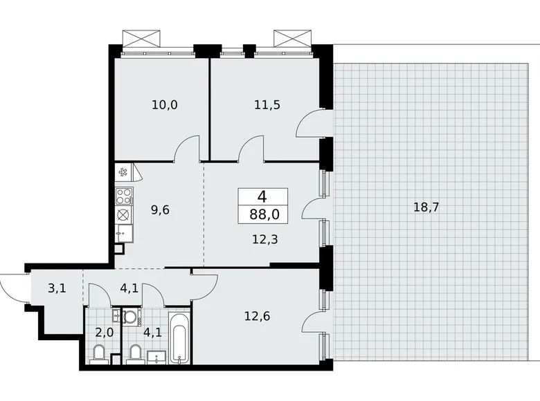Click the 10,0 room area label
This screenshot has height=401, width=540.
click(165, 105)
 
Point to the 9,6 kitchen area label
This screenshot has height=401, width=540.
click(160, 208)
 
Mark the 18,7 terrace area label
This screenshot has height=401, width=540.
click(426, 207)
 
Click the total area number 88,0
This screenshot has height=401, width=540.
click(264, 214)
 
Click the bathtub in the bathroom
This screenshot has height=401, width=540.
click(179, 338)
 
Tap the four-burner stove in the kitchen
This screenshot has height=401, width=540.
click(124, 195)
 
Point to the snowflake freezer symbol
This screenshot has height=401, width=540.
click(123, 172)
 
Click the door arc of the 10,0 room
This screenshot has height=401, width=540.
click(187, 147)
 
